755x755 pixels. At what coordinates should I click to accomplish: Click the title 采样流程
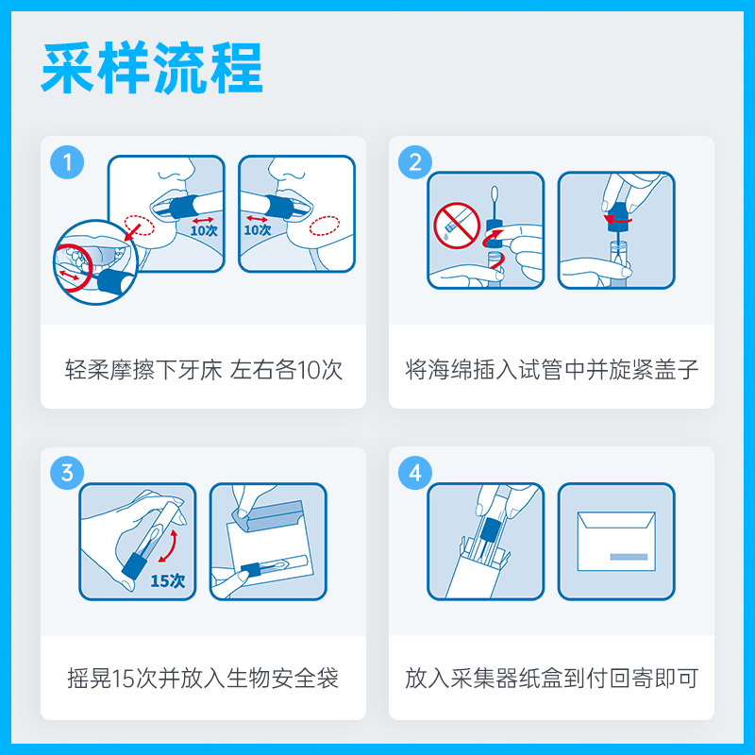152,67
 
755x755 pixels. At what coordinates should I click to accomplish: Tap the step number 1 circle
67,161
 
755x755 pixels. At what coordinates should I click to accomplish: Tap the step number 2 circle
415,161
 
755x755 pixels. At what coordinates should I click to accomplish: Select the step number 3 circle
67,473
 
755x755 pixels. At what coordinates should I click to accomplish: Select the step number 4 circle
415,473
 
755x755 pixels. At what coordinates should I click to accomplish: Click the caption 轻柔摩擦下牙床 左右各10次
203,369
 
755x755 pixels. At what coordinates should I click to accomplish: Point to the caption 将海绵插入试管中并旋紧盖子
552,369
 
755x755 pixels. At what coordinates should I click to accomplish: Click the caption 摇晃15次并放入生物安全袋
203,678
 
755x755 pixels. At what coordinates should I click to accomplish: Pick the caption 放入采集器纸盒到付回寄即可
552,678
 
